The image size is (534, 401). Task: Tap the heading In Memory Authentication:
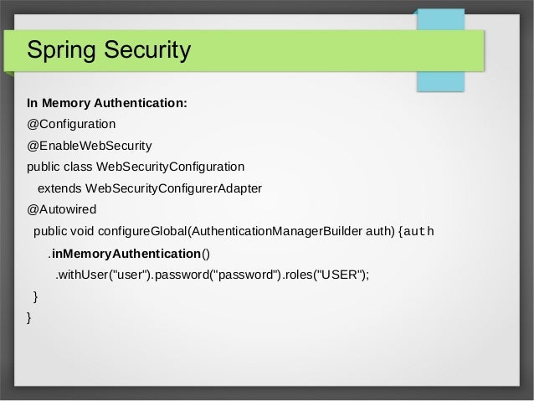click(x=107, y=105)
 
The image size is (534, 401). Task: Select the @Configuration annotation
click(x=71, y=124)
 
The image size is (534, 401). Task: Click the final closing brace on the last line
click(x=30, y=318)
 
